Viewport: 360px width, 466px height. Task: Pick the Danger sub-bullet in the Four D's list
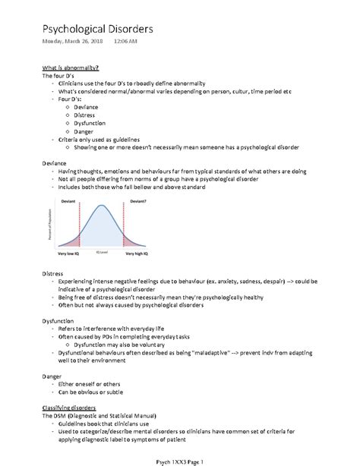pyautogui.click(x=86, y=131)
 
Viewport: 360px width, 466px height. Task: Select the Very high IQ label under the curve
pyautogui.click(x=140, y=253)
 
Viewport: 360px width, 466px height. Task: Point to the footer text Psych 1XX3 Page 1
pyautogui.click(x=181, y=460)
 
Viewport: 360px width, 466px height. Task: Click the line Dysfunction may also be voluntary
pyautogui.click(x=118, y=345)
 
